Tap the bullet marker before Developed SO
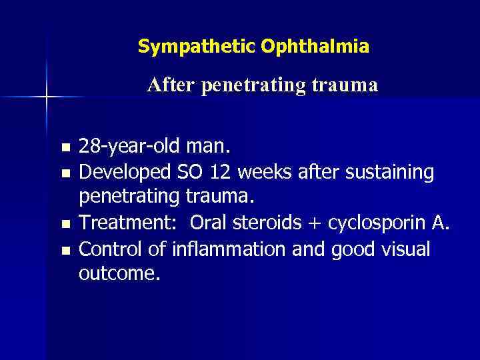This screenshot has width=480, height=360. click(64, 173)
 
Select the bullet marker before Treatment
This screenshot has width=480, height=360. click(64, 224)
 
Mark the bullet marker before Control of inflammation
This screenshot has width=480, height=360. click(64, 251)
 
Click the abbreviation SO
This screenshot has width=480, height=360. click(191, 172)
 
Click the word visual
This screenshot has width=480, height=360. click(403, 249)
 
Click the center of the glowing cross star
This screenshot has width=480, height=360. click(47, 97)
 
